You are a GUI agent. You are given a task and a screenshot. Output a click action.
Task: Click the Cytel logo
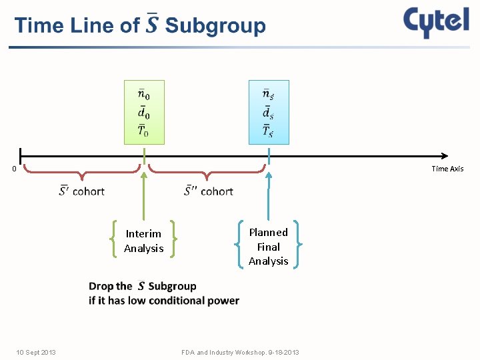pos(436,23)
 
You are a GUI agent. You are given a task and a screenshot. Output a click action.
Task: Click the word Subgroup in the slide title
pos(215,26)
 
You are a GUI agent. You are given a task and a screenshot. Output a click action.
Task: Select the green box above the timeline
pos(144,112)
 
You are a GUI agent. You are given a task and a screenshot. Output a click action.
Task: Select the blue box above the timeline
pos(269,112)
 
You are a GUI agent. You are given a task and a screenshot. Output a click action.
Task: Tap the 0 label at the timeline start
pos(14,169)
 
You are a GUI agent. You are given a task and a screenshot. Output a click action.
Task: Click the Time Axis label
pos(447,169)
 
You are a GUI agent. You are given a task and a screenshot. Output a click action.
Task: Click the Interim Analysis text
pos(143,241)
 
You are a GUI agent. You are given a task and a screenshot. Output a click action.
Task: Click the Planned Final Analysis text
pos(269,247)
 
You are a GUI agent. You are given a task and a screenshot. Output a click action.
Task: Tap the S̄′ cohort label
pos(82,191)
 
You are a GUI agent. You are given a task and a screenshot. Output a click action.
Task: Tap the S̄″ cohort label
pos(209,191)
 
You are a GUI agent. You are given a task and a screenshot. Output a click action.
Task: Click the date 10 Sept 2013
pos(36,352)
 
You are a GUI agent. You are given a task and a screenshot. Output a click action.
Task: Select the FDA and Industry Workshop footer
pos(240,352)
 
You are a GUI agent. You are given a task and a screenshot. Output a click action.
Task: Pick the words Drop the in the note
pos(110,286)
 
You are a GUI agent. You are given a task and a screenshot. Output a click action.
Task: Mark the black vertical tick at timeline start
pos(21,156)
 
